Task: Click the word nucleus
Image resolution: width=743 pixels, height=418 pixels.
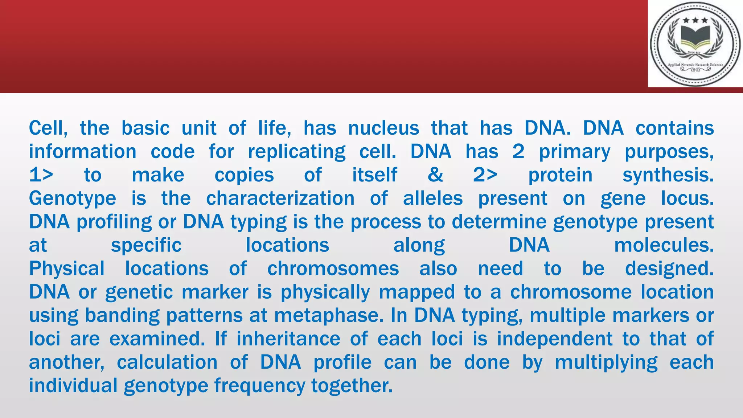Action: [383, 128]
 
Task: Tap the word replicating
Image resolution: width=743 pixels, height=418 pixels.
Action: [296, 152]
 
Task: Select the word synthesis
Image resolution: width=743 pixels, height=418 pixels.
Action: [668, 175]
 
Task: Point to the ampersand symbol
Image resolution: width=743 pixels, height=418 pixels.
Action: [435, 175]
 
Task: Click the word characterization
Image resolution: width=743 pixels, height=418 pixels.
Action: [280, 198]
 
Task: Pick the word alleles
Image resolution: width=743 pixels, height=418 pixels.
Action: [433, 198]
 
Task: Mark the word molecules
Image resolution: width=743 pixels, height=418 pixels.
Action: [664, 245]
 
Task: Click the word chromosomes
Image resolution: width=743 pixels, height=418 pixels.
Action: [333, 269]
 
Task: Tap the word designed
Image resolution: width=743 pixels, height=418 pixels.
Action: [669, 269]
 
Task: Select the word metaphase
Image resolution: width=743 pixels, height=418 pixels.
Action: [329, 316]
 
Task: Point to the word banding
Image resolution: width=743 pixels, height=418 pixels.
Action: [122, 316]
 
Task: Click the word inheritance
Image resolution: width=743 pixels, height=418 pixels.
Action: [288, 339]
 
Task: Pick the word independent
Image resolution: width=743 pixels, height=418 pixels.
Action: [555, 339]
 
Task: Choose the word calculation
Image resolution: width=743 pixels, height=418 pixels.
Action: [167, 362]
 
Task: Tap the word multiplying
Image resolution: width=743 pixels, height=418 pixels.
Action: [606, 362]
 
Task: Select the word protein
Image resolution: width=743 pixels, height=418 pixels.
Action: [560, 175]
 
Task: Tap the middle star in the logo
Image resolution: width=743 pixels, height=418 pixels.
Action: [695, 21]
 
